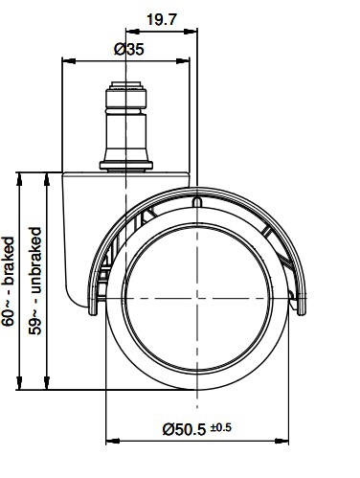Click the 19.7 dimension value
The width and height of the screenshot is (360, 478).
(x=161, y=20)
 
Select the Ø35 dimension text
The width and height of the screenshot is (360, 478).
(x=129, y=50)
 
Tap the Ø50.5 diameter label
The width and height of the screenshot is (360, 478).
(x=184, y=429)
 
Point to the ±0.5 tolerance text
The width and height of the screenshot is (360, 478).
(x=220, y=427)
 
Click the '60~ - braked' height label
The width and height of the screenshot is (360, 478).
(x=9, y=282)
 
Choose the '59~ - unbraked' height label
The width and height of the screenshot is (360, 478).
(x=35, y=281)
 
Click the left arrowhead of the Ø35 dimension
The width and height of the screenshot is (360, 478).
(x=69, y=60)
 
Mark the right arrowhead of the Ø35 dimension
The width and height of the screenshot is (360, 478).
(x=183, y=60)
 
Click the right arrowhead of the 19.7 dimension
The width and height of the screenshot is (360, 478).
(x=191, y=32)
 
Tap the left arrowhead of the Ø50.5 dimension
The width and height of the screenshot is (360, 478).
(x=112, y=442)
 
